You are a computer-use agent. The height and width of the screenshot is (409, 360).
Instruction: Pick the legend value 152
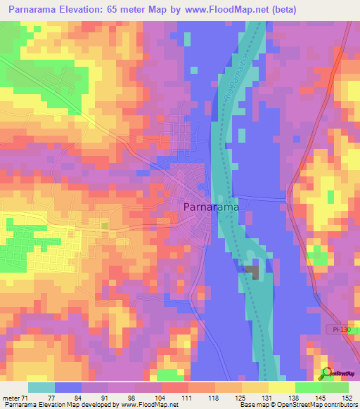click(x=348, y=398)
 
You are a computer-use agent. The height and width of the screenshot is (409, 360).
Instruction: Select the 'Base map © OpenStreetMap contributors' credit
click(x=297, y=405)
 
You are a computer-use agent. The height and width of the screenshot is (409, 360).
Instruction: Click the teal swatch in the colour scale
click(x=41, y=387)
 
